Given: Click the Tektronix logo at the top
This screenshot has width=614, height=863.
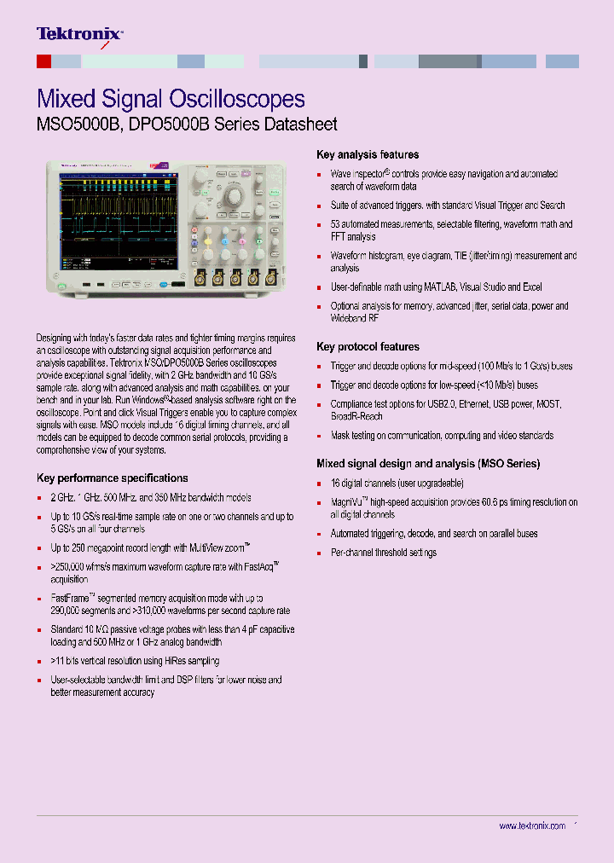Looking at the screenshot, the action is [79, 34].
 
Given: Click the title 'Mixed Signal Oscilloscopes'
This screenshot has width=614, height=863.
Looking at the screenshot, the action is [171, 99].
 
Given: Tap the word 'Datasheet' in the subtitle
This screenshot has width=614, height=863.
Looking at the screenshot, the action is [300, 125].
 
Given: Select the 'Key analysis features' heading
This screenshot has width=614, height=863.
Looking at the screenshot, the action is [368, 155].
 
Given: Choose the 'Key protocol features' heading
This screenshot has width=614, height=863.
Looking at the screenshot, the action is [368, 347].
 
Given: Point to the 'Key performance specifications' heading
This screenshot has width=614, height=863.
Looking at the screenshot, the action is [113, 478].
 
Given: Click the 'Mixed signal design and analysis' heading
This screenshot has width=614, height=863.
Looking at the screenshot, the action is [427, 464].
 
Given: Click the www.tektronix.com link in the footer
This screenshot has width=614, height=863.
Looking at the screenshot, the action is [532, 826].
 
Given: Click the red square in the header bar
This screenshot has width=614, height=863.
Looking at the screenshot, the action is [43, 61].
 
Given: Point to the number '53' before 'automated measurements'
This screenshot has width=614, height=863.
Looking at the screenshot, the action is [336, 224].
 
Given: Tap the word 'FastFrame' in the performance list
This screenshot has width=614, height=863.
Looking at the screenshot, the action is [69, 599].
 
